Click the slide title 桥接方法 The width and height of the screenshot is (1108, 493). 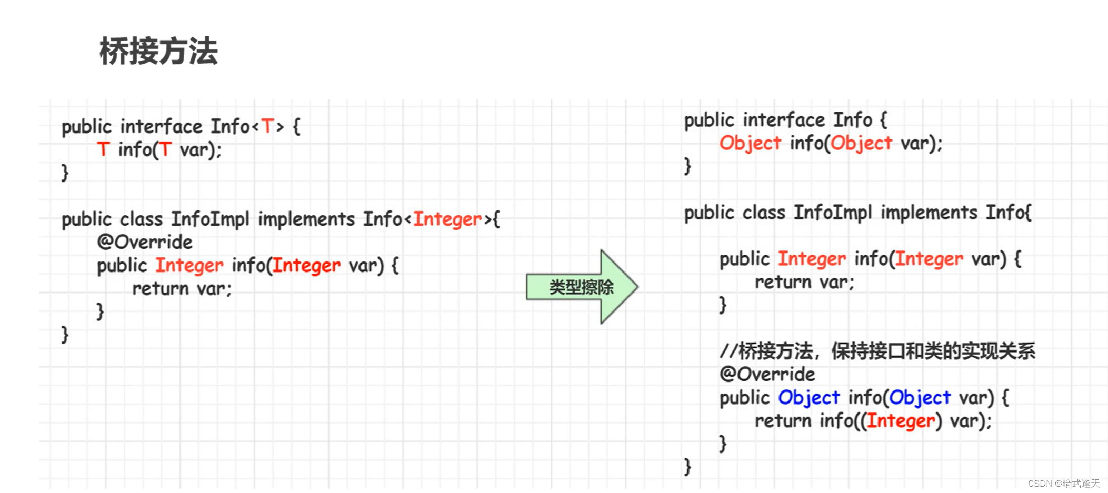tap(158, 52)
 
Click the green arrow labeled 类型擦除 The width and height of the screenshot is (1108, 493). tap(581, 287)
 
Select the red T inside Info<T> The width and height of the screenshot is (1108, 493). tap(267, 126)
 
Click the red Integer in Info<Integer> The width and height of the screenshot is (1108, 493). tap(447, 219)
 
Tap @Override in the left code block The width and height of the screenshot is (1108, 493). tap(145, 242)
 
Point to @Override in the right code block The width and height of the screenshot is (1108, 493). tap(767, 374)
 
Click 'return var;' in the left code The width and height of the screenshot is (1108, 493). tap(182, 288)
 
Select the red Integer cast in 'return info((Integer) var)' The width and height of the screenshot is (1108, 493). tap(901, 421)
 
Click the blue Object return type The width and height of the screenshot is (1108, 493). tap(809, 398)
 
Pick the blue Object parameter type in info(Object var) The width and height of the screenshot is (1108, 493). tap(920, 398)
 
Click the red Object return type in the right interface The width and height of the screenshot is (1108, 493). tap(750, 143)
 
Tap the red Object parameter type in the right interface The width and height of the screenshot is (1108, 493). tap(861, 143)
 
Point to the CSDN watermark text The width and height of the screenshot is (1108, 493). tap(1063, 483)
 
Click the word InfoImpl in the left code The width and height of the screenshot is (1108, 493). tap(210, 219)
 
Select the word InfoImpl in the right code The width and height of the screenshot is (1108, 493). tap(833, 213)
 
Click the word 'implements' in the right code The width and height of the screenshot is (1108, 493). tap(929, 213)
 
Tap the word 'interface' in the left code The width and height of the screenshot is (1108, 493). tap(161, 126)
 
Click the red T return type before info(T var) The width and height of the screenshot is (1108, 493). tap(103, 149)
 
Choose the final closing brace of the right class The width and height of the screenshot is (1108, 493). tap(687, 466)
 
